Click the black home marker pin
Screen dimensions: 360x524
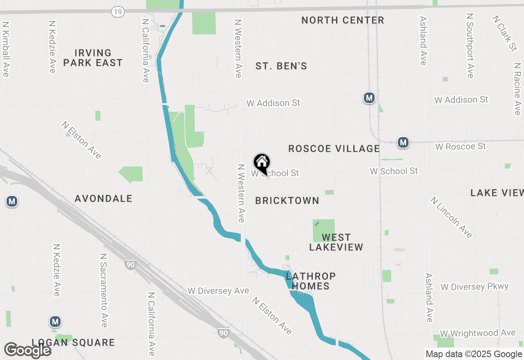tap(262, 163)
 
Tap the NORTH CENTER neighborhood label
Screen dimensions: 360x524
tap(343, 20)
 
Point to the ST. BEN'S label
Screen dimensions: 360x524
tap(281, 66)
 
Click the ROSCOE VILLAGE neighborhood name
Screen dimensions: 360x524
tap(334, 148)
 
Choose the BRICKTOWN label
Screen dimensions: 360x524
tap(287, 200)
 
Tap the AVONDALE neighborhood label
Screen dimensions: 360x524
tap(104, 198)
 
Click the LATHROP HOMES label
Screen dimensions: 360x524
tap(311, 281)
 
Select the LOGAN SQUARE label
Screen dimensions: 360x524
tap(73, 342)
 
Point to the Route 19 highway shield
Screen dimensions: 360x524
tap(117, 12)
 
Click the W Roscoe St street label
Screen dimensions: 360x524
tap(461, 146)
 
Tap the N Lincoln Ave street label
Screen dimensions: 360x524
tap(451, 217)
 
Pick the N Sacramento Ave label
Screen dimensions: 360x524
tap(104, 290)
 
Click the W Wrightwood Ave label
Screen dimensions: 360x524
tap(478, 333)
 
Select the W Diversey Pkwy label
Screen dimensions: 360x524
tap(474, 287)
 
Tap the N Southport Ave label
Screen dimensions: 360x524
tap(470, 45)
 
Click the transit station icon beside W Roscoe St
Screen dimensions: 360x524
tap(403, 142)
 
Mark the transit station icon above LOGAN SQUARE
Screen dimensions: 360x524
tap(55, 322)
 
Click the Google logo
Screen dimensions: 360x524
tap(27, 350)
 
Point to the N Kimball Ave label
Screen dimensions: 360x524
tap(5, 49)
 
